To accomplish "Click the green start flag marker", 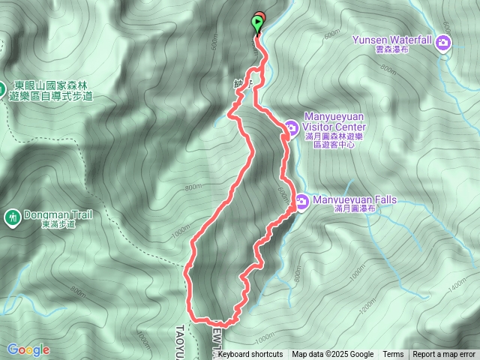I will [258, 24].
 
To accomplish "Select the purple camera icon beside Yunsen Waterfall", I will [444, 42].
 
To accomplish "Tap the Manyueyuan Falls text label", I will [354, 200].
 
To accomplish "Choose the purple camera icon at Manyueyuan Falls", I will [301, 202].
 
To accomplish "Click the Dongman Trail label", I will [58, 214].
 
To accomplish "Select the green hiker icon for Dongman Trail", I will [12, 218].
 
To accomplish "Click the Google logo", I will [28, 349].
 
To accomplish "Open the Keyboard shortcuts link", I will [250, 355].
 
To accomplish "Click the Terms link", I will [393, 355].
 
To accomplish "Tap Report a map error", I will [444, 355].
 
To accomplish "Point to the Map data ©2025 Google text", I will [332, 355].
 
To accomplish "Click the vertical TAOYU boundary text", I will [181, 334].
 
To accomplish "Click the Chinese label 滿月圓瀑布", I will [354, 210].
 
